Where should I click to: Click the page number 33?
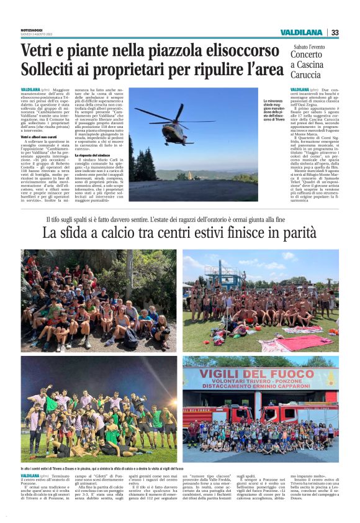tap(335, 32)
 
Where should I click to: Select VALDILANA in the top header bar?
tap(300, 32)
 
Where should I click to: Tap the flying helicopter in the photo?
tap(176, 130)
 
